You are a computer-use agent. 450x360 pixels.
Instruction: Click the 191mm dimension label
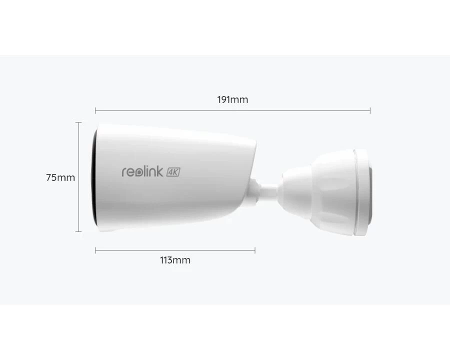point(232,99)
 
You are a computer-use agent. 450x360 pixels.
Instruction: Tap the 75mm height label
point(60,177)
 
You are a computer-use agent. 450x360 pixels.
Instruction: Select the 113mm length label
point(175,260)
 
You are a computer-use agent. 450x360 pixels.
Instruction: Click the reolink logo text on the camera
point(142,171)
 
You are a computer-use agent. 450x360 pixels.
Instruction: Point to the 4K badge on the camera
point(173,172)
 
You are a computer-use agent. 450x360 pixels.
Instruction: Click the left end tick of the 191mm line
point(95,110)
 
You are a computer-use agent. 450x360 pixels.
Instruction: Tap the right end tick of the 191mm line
point(370,110)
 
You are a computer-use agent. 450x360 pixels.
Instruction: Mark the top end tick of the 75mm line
point(78,122)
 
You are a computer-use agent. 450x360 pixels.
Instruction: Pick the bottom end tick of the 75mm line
point(78,231)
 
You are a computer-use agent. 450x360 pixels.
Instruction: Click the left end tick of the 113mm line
point(95,250)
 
